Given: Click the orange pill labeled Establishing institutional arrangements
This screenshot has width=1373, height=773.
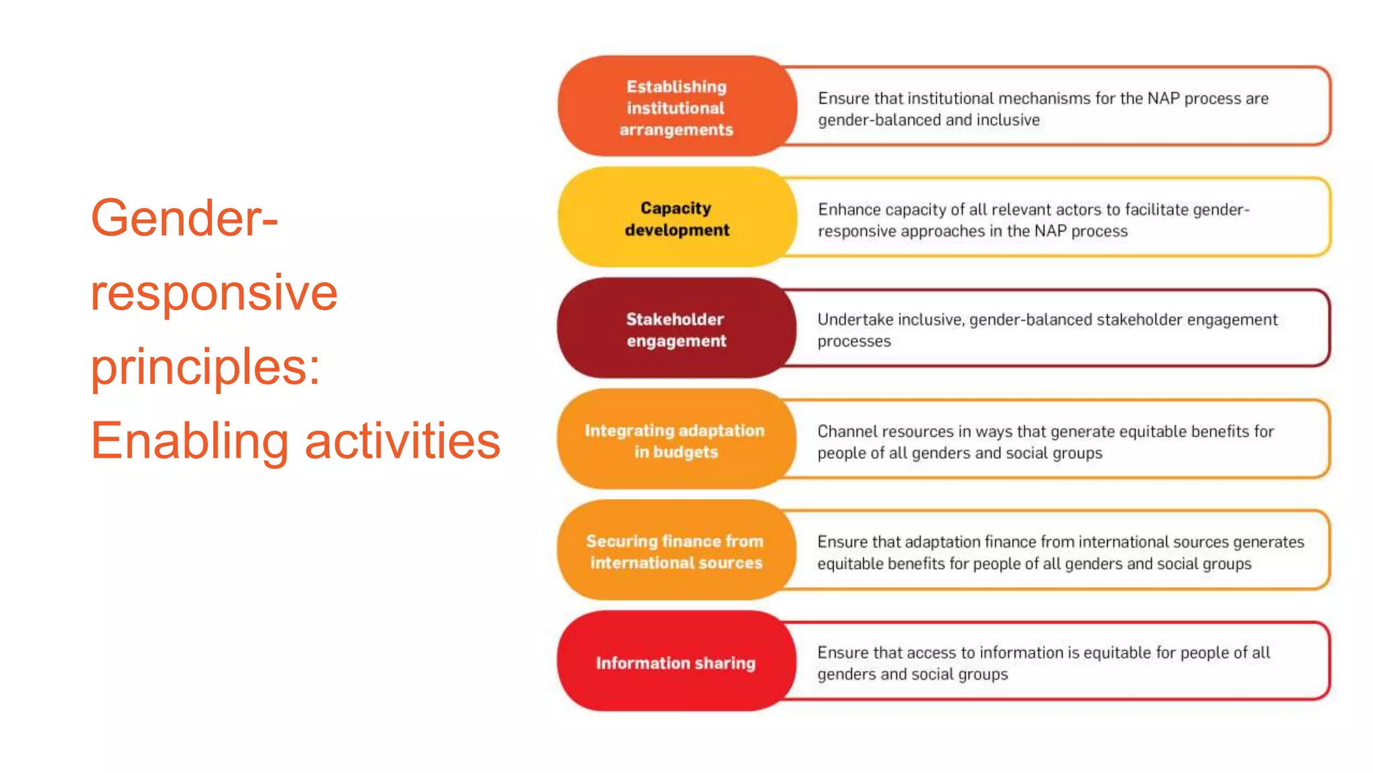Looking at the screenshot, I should [676, 107].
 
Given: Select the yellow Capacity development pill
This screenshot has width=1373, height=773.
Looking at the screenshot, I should [676, 219].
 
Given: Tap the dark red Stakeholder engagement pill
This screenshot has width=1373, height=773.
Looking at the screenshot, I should [676, 329].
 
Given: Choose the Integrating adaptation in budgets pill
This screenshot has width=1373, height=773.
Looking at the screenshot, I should [674, 441].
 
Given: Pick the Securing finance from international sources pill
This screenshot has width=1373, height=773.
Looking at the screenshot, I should [674, 552].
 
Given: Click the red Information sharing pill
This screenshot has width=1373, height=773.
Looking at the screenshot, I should [676, 663].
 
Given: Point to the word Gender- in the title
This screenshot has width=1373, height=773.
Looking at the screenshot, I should [184, 218].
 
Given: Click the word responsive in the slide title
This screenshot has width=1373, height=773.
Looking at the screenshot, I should [214, 293].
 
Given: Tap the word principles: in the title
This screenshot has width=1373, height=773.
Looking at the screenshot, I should [205, 368].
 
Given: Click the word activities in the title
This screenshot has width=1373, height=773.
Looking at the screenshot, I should [402, 442].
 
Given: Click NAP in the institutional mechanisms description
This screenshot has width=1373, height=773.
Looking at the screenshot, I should [1163, 99].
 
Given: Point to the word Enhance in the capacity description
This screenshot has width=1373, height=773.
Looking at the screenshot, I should [849, 209].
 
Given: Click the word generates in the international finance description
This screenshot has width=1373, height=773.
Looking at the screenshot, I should [1268, 542].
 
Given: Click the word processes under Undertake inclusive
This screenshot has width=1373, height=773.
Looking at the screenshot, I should [854, 342].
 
